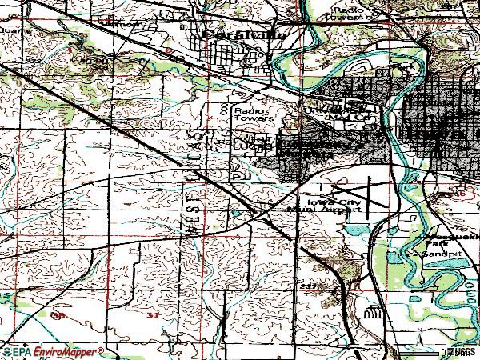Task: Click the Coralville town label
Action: [x=231, y=35]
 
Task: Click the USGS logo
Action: [x=462, y=351]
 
